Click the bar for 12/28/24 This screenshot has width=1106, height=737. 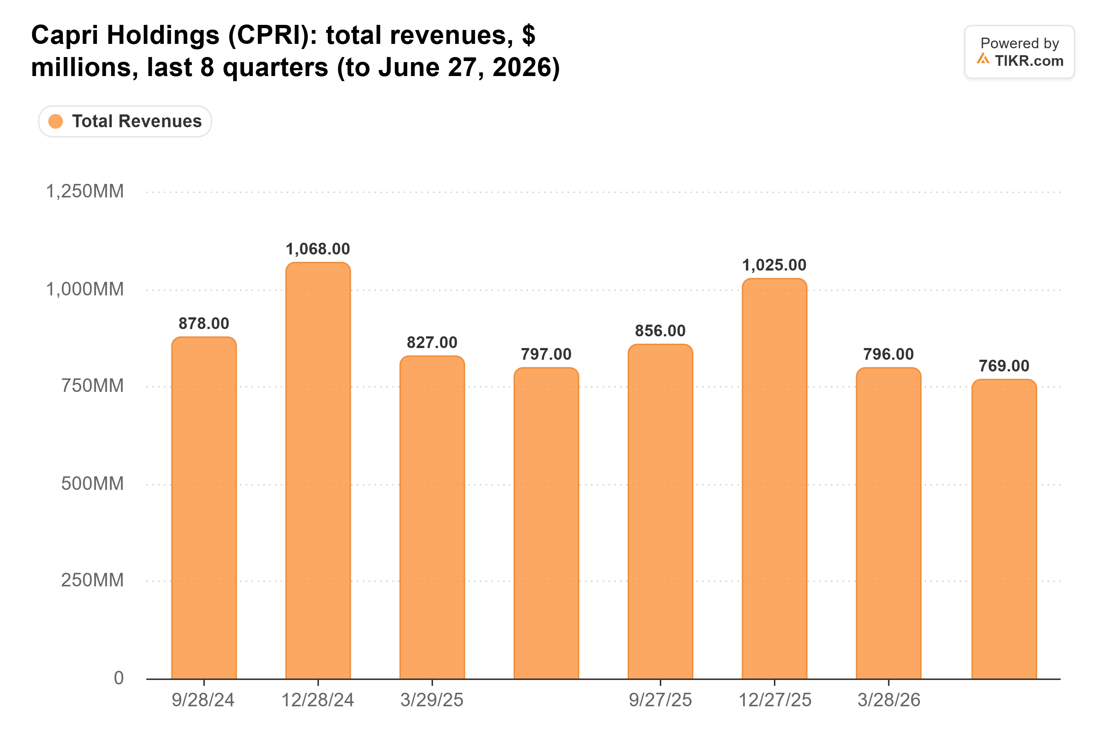(x=318, y=470)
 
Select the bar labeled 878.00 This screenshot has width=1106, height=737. (x=204, y=508)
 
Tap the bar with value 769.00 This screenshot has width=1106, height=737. (x=1004, y=529)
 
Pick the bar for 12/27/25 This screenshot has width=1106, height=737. (x=775, y=479)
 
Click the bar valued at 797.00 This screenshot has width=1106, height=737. (x=546, y=524)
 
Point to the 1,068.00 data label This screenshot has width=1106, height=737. (x=318, y=249)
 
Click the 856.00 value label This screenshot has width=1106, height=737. (x=660, y=331)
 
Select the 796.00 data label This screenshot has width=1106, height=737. (x=888, y=354)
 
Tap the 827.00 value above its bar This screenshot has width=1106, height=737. (x=432, y=343)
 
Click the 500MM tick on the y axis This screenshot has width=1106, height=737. (x=93, y=484)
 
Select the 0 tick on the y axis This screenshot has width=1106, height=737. (x=119, y=678)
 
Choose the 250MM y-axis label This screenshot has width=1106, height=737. (x=93, y=580)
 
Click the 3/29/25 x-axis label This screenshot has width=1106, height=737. (x=432, y=700)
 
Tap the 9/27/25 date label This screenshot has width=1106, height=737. (x=660, y=700)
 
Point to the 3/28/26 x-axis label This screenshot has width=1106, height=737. (x=889, y=700)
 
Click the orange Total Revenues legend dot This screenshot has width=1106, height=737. (x=56, y=121)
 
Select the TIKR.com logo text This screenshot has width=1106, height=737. (x=1029, y=61)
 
